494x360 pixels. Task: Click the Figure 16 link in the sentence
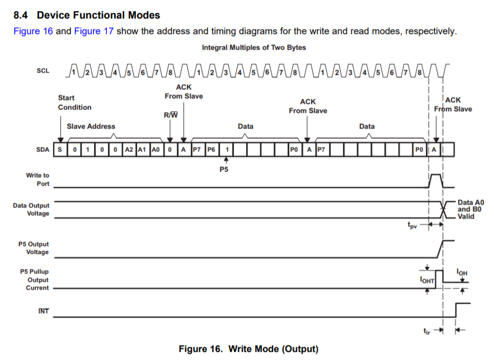[33, 31]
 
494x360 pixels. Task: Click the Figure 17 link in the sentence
[94, 31]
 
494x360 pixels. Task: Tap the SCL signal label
[43, 72]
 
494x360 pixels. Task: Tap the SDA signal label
[43, 150]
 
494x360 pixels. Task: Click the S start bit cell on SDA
[60, 150]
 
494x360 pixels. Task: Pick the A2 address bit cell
[129, 150]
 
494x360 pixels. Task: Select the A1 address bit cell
[142, 150]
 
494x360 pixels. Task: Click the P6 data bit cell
[211, 150]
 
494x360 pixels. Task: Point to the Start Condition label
[74, 102]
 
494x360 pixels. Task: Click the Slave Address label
[91, 126]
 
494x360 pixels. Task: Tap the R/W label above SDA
[171, 116]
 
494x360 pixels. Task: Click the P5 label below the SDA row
[224, 169]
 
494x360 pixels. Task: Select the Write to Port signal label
[37, 179]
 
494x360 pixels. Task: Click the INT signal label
[43, 311]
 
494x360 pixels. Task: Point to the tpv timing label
[413, 227]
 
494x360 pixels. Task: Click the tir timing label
[429, 331]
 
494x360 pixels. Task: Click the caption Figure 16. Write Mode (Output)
[248, 349]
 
